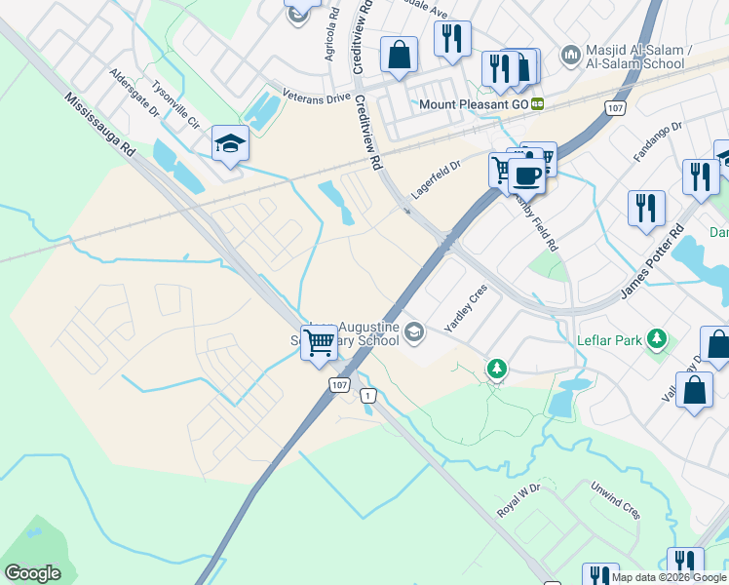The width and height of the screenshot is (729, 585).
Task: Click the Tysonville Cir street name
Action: (176, 108)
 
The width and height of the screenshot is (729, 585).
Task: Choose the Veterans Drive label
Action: (316, 97)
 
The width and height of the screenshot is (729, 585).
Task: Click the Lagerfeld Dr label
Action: (434, 180)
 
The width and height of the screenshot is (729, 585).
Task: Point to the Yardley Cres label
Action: (465, 308)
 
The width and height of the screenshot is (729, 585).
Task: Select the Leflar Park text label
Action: (621, 339)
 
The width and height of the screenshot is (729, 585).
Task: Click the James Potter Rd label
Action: (653, 261)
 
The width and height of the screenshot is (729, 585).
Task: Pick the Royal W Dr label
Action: (518, 499)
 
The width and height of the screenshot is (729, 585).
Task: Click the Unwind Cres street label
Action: (615, 502)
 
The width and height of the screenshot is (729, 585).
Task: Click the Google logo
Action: (33, 573)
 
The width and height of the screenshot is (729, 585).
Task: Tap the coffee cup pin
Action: (526, 175)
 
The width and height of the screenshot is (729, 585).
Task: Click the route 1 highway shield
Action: (367, 395)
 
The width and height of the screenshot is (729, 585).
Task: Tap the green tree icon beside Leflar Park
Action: (497, 368)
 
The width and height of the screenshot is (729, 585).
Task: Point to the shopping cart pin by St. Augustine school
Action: (319, 343)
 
